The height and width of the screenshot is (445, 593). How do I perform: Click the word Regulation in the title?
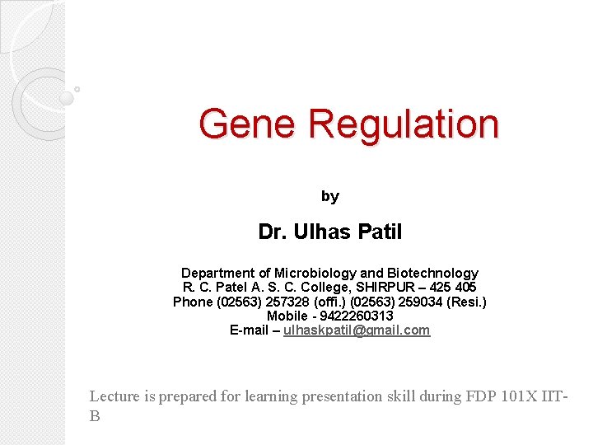(x=404, y=124)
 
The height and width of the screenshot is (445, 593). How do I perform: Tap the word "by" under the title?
(x=329, y=196)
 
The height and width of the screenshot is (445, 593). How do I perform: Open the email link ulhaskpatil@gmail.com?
(x=357, y=330)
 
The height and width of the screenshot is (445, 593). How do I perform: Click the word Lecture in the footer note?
(x=114, y=396)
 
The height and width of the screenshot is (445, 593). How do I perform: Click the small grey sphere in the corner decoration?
(x=67, y=97)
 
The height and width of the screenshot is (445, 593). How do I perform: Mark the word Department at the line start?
(x=218, y=273)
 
